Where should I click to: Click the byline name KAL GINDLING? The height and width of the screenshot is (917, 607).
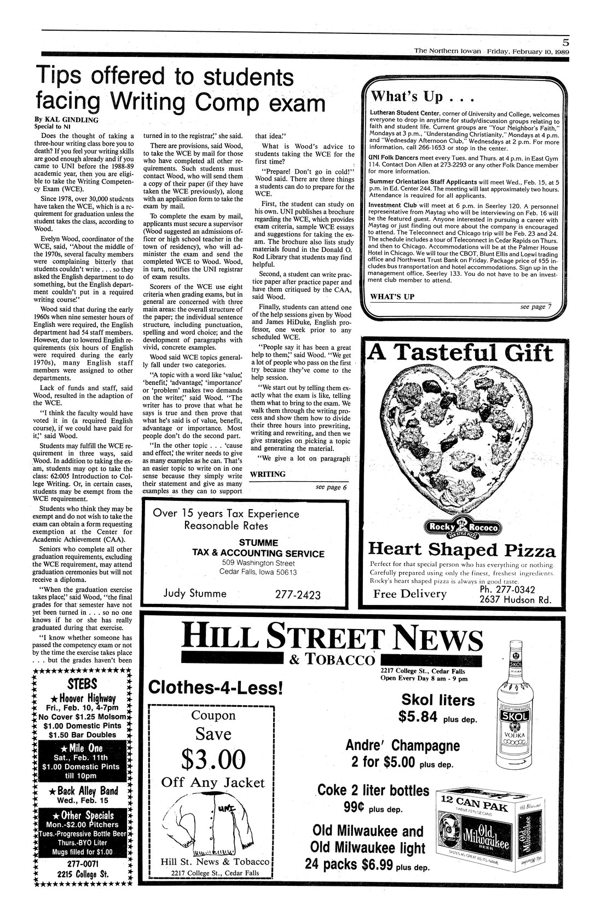[x=65, y=118]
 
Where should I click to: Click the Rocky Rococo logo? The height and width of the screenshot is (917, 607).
[x=464, y=528]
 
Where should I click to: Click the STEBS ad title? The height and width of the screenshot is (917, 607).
[x=83, y=684]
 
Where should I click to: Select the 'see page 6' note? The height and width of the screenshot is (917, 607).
[x=331, y=487]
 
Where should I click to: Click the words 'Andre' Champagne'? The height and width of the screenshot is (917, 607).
[x=402, y=746]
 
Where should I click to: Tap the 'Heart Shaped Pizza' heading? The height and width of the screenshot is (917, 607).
[x=462, y=549]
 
